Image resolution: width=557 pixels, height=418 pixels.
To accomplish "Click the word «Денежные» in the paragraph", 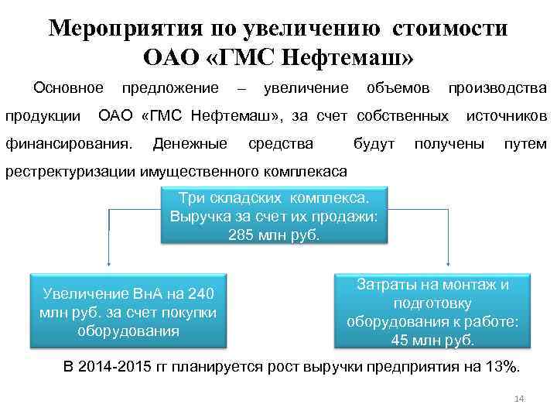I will (x=190, y=143).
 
